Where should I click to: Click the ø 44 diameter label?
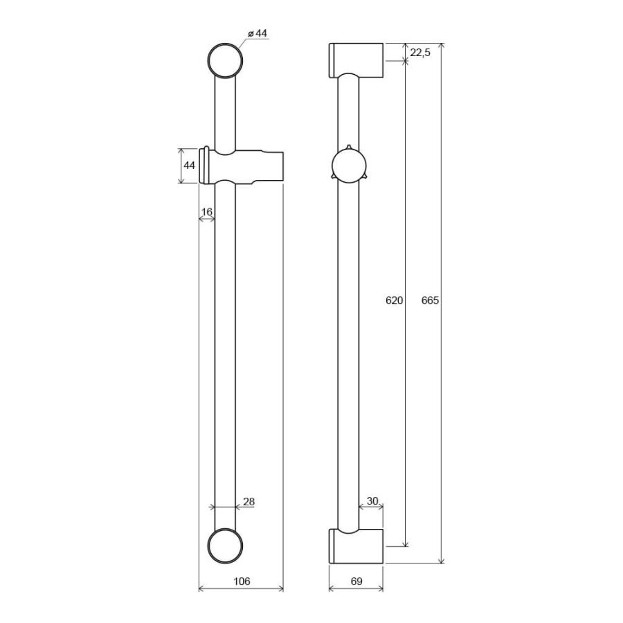pos(258,33)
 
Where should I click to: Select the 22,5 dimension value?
pos(420,53)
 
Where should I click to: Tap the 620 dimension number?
pos(394,300)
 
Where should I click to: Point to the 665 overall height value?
pos(430,300)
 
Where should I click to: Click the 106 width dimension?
pos(242,581)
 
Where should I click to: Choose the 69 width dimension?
pos(356,581)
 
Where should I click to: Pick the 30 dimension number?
pos(372,501)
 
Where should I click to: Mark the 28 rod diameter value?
pos(249,502)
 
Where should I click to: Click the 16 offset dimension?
pos(206,212)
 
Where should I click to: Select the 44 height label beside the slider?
pos(189,165)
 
